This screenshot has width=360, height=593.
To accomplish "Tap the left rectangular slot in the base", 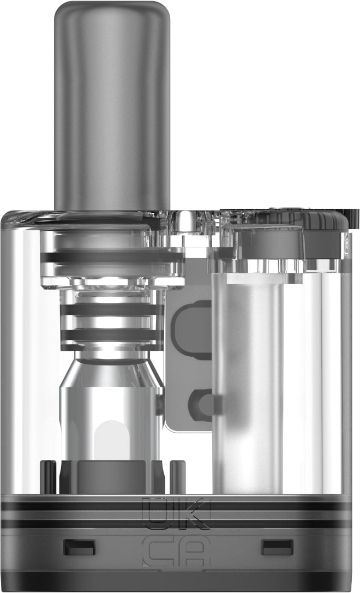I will [79, 547].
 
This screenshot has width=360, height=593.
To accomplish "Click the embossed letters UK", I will [175, 513].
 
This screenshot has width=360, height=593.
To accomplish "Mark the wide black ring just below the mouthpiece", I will [111, 257].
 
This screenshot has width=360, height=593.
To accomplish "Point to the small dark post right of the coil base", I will [177, 475].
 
